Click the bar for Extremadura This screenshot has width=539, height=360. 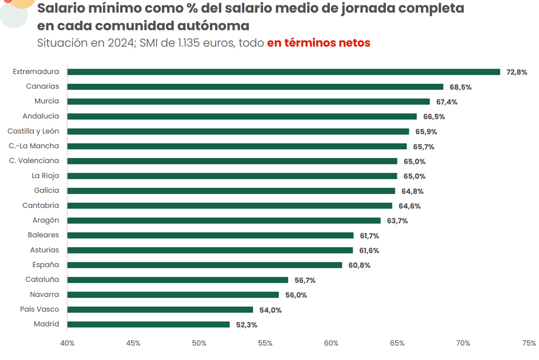(x=283, y=72)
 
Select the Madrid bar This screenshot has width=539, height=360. (x=148, y=324)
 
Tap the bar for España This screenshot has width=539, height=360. (x=204, y=265)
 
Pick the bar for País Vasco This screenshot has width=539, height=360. (x=160, y=310)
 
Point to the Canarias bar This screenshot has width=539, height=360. (x=255, y=87)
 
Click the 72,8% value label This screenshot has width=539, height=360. (x=517, y=72)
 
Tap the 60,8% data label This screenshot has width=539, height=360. (x=359, y=265)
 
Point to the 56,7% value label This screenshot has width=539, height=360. (x=305, y=280)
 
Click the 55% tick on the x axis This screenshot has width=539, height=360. (x=265, y=343)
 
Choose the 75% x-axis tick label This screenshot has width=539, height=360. (x=529, y=343)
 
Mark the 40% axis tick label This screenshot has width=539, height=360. (x=67, y=343)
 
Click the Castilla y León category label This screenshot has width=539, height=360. (x=33, y=131)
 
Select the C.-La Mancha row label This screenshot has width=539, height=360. (x=34, y=146)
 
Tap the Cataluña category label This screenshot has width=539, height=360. (x=42, y=280)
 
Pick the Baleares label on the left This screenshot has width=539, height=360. (x=44, y=235)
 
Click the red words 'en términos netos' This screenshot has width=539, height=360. (x=318, y=43)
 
